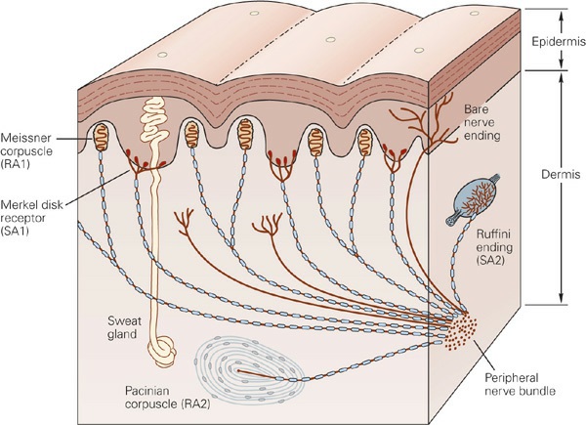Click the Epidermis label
(559, 42)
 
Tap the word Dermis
(561, 174)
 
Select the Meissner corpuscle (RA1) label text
(26, 151)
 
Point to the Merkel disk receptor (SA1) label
(31, 218)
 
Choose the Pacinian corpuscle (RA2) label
(167, 398)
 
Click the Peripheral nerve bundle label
(520, 384)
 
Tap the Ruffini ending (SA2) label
(494, 247)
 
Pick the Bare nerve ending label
(482, 122)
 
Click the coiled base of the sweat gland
(162, 351)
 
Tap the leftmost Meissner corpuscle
(101, 137)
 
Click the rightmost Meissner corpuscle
(364, 142)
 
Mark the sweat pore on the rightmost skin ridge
(475, 14)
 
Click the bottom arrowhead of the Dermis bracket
(561, 298)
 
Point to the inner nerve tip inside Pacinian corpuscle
(237, 370)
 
